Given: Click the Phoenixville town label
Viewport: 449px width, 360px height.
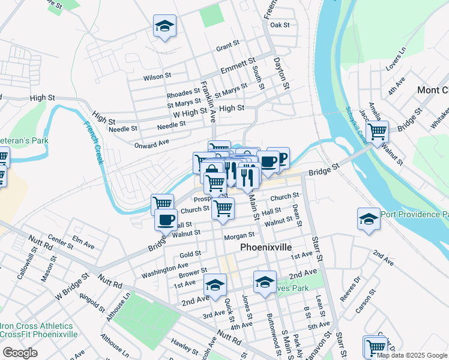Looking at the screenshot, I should [x=266, y=247].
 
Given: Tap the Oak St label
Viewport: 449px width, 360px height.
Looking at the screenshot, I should [x=280, y=25].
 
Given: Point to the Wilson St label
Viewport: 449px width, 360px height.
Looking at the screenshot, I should [x=157, y=77].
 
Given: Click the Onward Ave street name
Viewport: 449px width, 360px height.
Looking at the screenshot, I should [x=152, y=145].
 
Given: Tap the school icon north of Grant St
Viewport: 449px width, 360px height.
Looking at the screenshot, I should [x=164, y=26].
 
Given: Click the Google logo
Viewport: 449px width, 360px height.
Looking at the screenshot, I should [x=20, y=353].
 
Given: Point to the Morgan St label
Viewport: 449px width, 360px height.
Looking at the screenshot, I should [x=240, y=236].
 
